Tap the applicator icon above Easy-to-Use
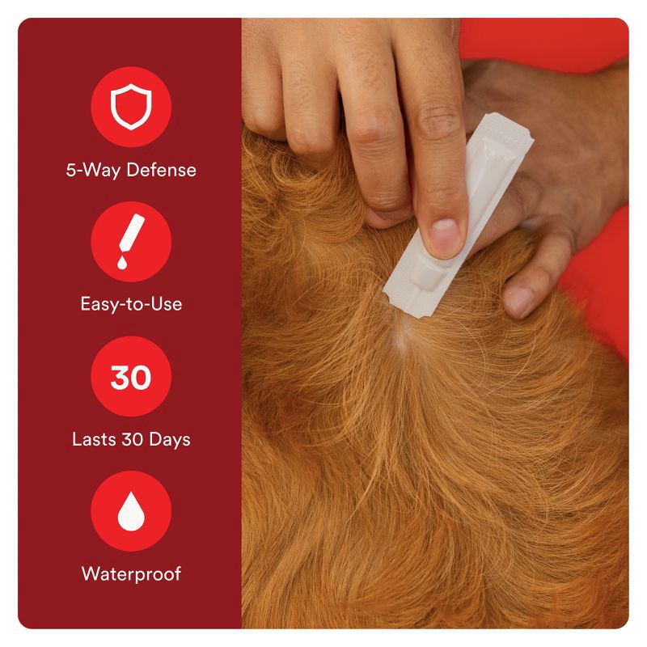tap(130, 239)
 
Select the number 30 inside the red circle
tap(130, 378)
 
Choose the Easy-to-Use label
tap(130, 305)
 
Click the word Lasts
tap(92, 440)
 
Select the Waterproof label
tap(130, 574)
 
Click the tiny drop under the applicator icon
tap(120, 263)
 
